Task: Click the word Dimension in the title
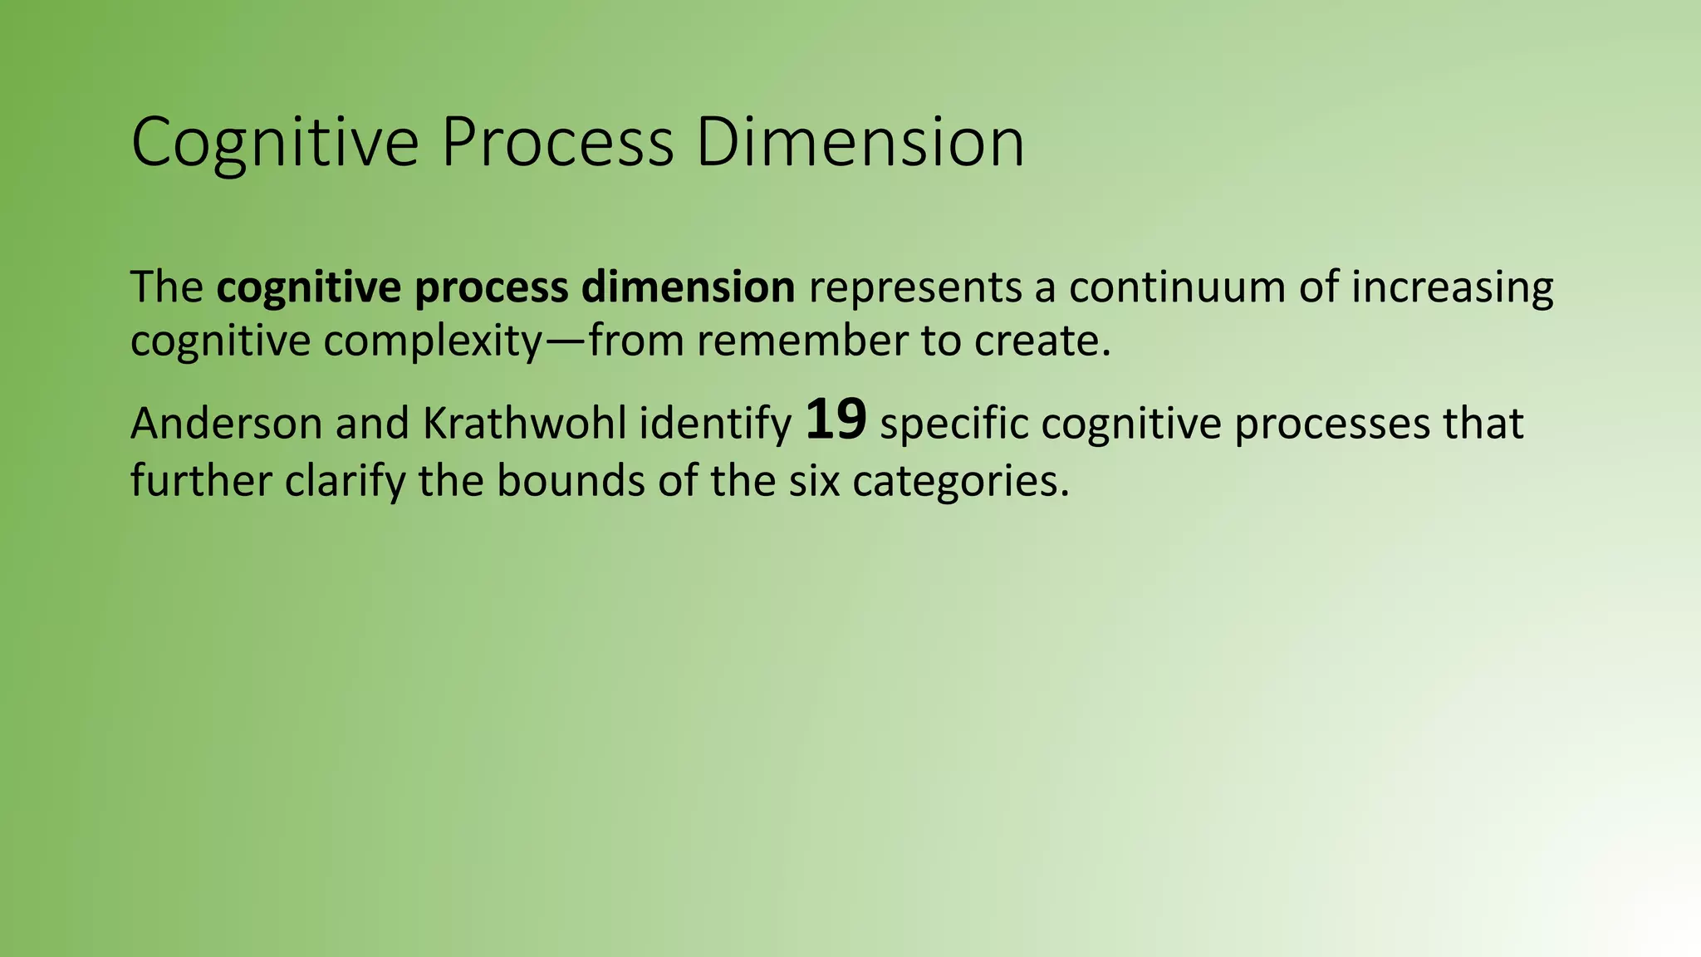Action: (x=860, y=143)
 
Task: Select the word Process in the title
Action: (x=556, y=143)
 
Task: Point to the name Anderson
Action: (x=226, y=424)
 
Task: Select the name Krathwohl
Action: (x=524, y=424)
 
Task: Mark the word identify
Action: (x=715, y=425)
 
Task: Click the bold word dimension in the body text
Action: (x=688, y=287)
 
